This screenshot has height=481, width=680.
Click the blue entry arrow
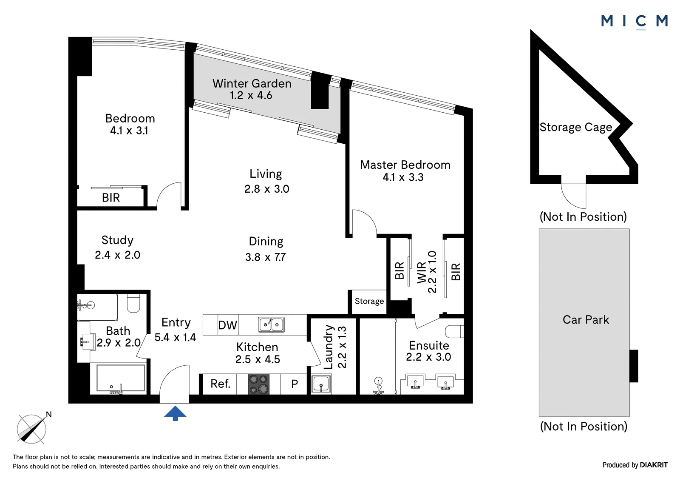pyautogui.click(x=175, y=413)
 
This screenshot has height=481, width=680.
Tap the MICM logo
pyautogui.click(x=635, y=22)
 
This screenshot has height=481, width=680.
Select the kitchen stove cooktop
pyautogui.click(x=259, y=384)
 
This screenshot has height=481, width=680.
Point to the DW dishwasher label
pyautogui.click(x=228, y=325)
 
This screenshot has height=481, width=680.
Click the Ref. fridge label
pyautogui.click(x=221, y=384)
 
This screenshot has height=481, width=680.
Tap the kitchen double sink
pyautogui.click(x=271, y=324)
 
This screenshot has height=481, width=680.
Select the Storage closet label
pyautogui.click(x=369, y=301)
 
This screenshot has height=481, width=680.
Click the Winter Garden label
pyautogui.click(x=252, y=83)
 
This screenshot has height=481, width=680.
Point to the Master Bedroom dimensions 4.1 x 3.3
pyautogui.click(x=403, y=177)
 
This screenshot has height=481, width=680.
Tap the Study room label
pyautogui.click(x=117, y=240)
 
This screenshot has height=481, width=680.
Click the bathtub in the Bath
pyautogui.click(x=121, y=379)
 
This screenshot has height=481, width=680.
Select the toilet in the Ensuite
pyautogui.click(x=454, y=331)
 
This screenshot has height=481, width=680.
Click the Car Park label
pyautogui.click(x=586, y=320)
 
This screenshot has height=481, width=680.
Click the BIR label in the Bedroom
pyautogui.click(x=111, y=198)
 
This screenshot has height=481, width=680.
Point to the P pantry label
pyautogui.click(x=295, y=384)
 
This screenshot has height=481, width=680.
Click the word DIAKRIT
pyautogui.click(x=654, y=465)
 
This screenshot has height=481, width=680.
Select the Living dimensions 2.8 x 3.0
pyautogui.click(x=267, y=189)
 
